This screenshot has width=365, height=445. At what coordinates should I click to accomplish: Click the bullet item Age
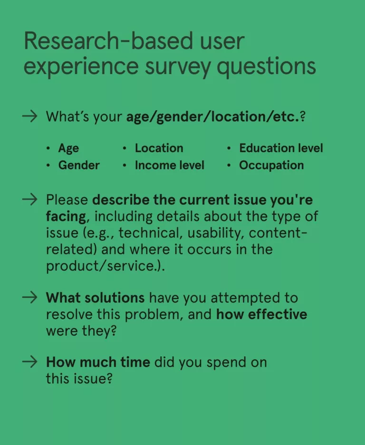coord(68,149)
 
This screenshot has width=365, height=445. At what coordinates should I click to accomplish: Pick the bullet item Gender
coord(79,165)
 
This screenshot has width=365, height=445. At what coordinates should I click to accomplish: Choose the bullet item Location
coord(159,148)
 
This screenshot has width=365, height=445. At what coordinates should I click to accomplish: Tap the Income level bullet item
coord(170,165)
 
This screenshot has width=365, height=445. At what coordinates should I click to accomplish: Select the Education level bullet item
coord(281,148)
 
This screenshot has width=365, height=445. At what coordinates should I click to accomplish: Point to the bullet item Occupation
coord(271,165)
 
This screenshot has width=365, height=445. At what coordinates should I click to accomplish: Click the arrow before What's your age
coord(29,116)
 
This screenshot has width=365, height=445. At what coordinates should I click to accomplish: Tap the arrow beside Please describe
coord(29,199)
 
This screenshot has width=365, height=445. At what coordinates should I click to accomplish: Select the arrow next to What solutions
coord(29,297)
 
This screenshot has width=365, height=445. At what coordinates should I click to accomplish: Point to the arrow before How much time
coord(29,362)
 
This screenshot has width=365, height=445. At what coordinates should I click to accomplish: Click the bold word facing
coord(66,217)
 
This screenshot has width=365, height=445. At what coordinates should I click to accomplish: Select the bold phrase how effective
coord(261,314)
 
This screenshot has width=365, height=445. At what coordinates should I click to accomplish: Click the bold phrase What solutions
coord(96,298)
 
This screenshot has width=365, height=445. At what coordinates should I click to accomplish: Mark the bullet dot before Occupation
coord(229,165)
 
